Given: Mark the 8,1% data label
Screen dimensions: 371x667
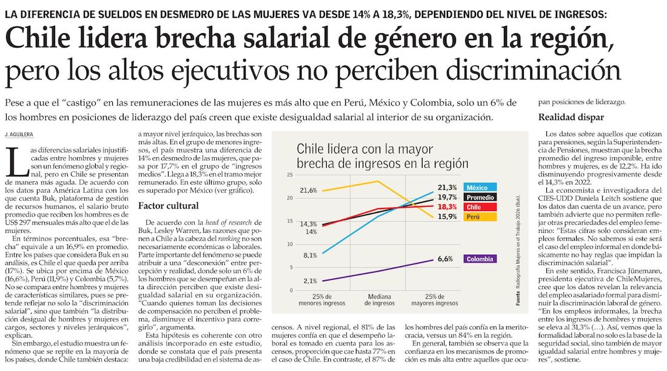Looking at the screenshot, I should click(x=309, y=255).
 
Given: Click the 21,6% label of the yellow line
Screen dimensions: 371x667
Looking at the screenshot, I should click(x=309, y=190).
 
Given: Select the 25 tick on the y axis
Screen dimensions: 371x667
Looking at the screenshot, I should click(x=289, y=175).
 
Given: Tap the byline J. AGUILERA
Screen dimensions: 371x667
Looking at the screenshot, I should click(x=19, y=133).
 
